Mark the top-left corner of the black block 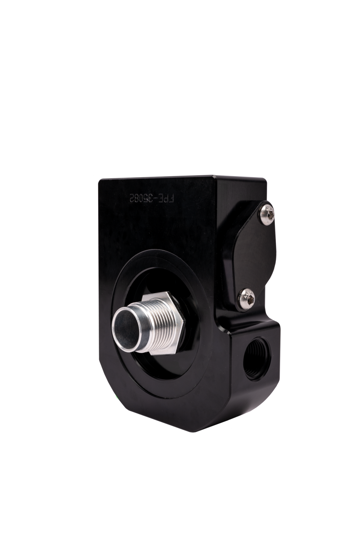tap(99, 182)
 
